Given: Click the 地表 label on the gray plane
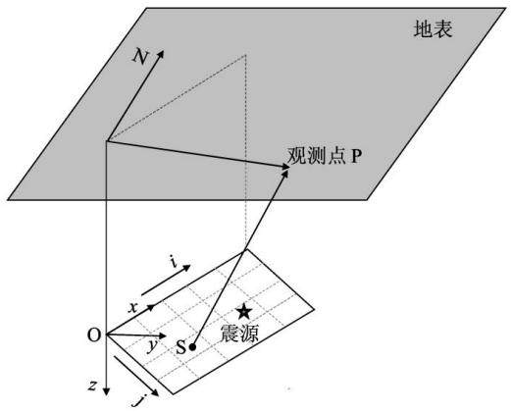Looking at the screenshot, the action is point(433,29).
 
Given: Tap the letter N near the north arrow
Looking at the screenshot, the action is point(140,57).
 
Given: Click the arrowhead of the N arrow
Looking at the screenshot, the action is point(160,54).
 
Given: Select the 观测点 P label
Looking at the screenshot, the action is point(325,156).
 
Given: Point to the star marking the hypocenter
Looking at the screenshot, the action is point(244,311).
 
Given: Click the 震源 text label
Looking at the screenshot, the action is point(239,334).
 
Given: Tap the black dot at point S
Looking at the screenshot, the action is point(192,347).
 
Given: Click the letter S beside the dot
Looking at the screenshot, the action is point(180,347).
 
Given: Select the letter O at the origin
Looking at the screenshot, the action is point(94,335).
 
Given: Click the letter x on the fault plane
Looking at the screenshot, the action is point(132,308).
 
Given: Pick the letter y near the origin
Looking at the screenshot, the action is point(152,345).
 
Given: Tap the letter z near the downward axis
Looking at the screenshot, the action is point(93,386).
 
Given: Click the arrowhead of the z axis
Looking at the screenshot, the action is point(106,391).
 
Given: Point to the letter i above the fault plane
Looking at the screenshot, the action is point(175,261).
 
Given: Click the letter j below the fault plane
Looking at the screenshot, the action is point(139,401).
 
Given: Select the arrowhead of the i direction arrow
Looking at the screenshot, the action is point(186,268).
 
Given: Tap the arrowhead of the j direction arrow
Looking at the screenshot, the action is point(155,392).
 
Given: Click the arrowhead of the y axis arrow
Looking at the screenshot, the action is point(162,335).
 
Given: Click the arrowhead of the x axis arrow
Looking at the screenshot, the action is point(151,307).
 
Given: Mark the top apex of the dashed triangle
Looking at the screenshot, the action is point(245,55).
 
